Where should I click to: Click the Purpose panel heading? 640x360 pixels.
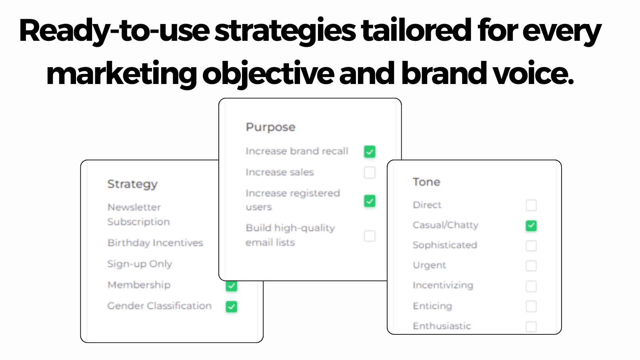pyautogui.click(x=270, y=127)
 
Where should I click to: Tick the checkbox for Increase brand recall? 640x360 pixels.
pyautogui.click(x=370, y=152)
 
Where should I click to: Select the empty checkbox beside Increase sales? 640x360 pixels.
pyautogui.click(x=370, y=172)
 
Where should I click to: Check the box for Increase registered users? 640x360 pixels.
pyautogui.click(x=370, y=201)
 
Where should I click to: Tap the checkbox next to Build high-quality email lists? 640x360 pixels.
pyautogui.click(x=370, y=236)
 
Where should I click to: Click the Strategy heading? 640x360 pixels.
pyautogui.click(x=132, y=184)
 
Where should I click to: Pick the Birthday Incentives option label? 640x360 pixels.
pyautogui.click(x=155, y=243)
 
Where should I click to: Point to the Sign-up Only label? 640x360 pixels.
pyautogui.click(x=140, y=264)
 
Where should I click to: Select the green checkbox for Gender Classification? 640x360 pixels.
pyautogui.click(x=232, y=306)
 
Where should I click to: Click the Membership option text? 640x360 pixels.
pyautogui.click(x=139, y=285)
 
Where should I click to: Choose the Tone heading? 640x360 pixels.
pyautogui.click(x=426, y=182)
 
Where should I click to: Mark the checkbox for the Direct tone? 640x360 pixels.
pyautogui.click(x=531, y=205)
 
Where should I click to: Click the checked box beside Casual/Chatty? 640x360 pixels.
pyautogui.click(x=531, y=226)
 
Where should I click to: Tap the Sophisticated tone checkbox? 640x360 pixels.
pyautogui.click(x=531, y=246)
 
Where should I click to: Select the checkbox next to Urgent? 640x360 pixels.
pyautogui.click(x=531, y=266)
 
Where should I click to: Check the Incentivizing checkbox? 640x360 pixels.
pyautogui.click(x=531, y=286)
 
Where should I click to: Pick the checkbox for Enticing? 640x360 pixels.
pyautogui.click(x=531, y=306)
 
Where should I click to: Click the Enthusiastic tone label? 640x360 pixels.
pyautogui.click(x=442, y=326)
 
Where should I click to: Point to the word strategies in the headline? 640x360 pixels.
pyautogui.click(x=285, y=31)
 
